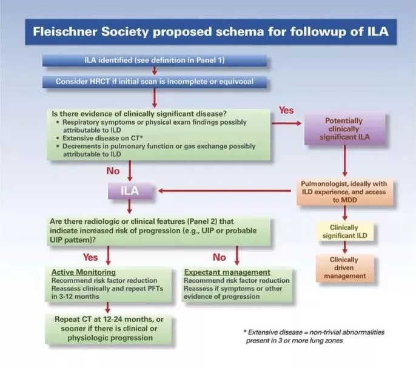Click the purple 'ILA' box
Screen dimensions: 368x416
click(129, 191)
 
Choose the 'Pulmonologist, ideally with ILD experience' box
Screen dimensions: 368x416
click(344, 192)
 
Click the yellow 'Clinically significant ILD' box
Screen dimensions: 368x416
click(344, 231)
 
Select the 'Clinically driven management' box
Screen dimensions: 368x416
click(344, 268)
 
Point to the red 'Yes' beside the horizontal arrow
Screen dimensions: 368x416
click(286, 111)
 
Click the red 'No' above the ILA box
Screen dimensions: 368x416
click(113, 171)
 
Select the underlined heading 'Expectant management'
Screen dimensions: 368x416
click(227, 272)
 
